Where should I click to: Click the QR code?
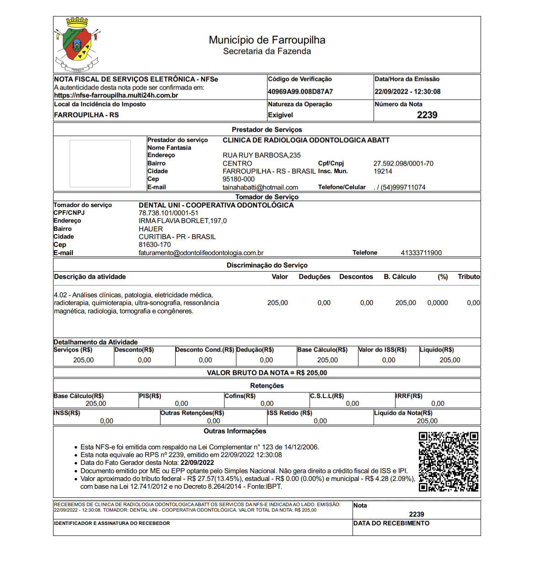tap(449, 461)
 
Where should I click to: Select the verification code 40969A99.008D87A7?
tap(300, 91)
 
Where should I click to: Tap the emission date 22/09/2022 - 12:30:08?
tap(407, 91)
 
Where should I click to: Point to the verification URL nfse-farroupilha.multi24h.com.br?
tap(116, 96)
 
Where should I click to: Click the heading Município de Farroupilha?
tap(267, 40)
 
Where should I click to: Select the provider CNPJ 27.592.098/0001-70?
tap(403, 164)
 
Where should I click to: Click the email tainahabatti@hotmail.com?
tap(260, 187)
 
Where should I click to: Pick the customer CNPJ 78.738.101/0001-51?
tap(168, 213)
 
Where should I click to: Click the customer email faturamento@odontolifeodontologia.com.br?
tap(201, 253)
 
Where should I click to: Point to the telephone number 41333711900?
tap(421, 253)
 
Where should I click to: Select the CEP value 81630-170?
tap(155, 245)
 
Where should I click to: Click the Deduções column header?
tap(315, 277)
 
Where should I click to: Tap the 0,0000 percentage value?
tap(438, 303)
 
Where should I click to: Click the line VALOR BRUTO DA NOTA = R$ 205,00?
tap(267, 373)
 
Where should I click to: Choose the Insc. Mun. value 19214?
tap(383, 171)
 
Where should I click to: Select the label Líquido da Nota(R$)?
tap(403, 413)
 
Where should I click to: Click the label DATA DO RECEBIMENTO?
tap(391, 523)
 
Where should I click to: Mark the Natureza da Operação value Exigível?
tap(280, 115)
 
